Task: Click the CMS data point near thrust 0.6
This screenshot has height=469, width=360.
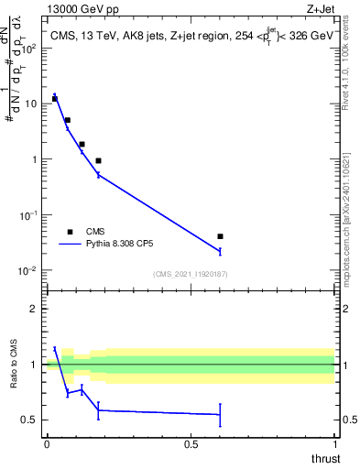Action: coord(220,236)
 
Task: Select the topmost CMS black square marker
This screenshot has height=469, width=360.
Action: coord(55,98)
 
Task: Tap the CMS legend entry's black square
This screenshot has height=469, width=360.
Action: coord(70,232)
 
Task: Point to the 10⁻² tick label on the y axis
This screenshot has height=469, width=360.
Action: coord(29,270)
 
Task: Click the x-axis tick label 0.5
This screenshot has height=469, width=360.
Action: coord(191,443)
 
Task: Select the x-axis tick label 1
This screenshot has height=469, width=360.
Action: coord(334,443)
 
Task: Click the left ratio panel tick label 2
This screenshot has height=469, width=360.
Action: coord(35,309)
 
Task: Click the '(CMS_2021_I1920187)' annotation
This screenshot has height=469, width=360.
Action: coord(190,274)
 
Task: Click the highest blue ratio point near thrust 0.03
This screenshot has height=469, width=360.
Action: coord(55,348)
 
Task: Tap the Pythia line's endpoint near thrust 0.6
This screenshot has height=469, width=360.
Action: coord(220,250)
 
